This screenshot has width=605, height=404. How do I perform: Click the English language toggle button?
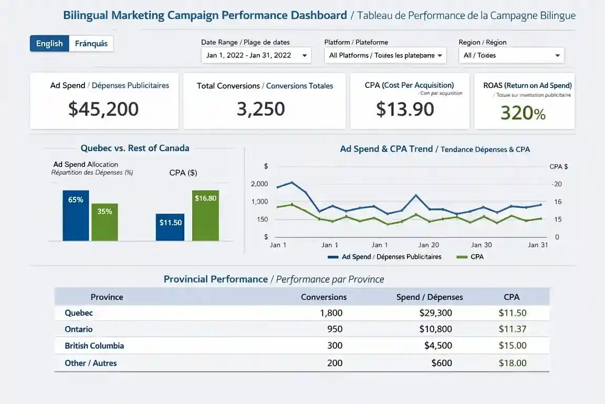click(x=49, y=44)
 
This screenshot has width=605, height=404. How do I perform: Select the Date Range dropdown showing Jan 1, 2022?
click(x=256, y=55)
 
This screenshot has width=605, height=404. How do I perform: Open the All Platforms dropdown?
click(x=385, y=55)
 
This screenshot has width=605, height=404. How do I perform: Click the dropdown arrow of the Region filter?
click(x=557, y=55)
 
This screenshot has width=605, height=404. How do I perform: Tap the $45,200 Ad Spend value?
click(x=103, y=109)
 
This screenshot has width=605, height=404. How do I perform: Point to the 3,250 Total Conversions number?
click(x=260, y=109)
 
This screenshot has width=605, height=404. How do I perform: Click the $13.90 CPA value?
click(x=405, y=109)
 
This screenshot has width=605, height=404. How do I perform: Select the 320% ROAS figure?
click(x=523, y=113)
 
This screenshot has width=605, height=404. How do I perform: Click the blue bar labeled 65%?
click(x=76, y=216)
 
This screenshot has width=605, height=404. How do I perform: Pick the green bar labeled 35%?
click(x=105, y=222)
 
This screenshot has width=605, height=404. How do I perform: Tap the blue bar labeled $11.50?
click(x=170, y=227)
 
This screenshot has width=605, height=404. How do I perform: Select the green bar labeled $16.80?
click(x=205, y=216)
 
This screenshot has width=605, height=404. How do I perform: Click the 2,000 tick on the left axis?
click(x=259, y=184)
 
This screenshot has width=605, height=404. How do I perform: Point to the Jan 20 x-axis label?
click(x=429, y=245)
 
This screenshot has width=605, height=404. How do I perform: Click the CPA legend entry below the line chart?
click(x=471, y=257)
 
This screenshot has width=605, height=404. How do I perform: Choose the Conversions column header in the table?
click(x=324, y=297)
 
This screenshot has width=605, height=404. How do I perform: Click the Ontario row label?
click(x=79, y=329)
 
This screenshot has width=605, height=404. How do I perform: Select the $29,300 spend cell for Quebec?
click(x=435, y=313)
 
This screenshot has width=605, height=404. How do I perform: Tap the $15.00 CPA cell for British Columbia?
click(x=512, y=346)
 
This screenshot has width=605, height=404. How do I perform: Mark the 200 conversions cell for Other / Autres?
click(x=335, y=363)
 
